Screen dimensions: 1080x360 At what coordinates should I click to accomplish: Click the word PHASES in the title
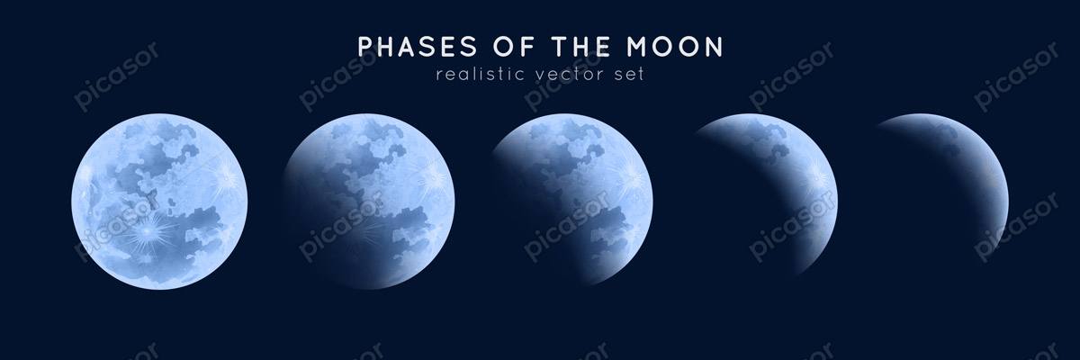[x=417, y=46]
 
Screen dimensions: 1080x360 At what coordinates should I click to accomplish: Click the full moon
[x=159, y=202]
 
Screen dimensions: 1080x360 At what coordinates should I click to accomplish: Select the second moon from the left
[x=369, y=202]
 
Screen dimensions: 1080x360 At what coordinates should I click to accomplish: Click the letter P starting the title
[x=366, y=46]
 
